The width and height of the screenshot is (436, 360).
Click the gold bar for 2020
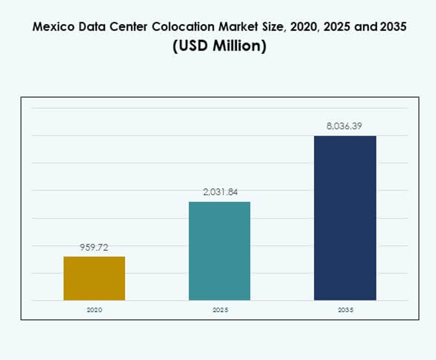click(94, 278)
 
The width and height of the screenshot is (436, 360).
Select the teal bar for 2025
click(219, 251)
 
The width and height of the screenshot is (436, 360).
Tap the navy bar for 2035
click(345, 218)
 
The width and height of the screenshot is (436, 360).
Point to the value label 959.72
click(94, 248)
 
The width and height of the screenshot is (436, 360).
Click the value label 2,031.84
click(220, 192)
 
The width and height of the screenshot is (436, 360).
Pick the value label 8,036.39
click(345, 126)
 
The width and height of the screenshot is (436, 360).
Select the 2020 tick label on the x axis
click(94, 310)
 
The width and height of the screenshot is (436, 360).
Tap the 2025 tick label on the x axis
click(220, 310)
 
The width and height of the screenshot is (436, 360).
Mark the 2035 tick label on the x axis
click(345, 310)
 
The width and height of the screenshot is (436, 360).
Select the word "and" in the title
click(366, 27)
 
